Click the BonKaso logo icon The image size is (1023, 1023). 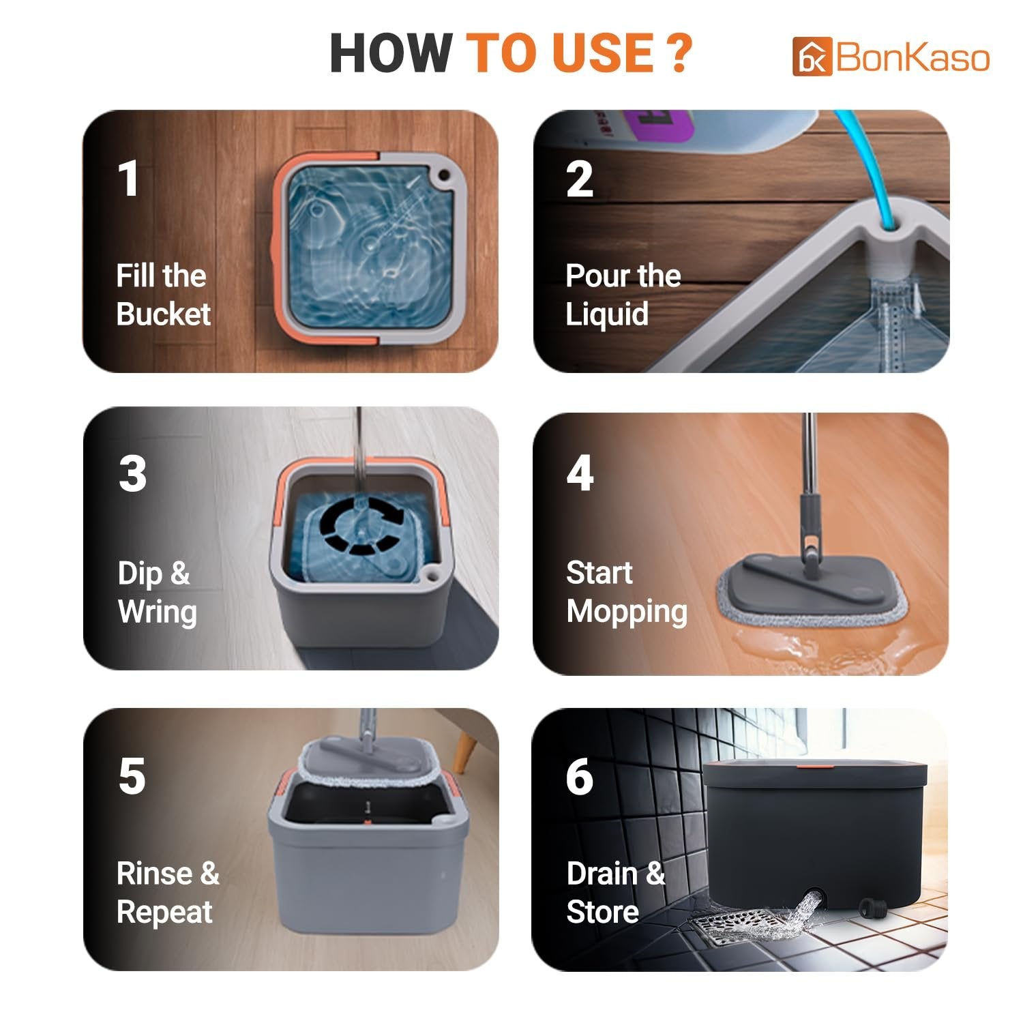pyautogui.click(x=812, y=57)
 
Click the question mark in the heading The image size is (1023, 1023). pyautogui.click(x=678, y=53)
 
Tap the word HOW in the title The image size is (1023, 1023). pyautogui.click(x=390, y=53)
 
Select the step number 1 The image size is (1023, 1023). pyautogui.click(x=128, y=179)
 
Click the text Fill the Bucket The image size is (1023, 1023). pyautogui.click(x=162, y=295)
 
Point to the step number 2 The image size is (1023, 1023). pyautogui.click(x=579, y=179)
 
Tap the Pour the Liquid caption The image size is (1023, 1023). pyautogui.click(x=623, y=295)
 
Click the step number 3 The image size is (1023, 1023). pyautogui.click(x=132, y=473)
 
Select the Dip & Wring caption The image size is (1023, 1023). pyautogui.click(x=157, y=592)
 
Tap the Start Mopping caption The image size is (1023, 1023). pyautogui.click(x=626, y=592)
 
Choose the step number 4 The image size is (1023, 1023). pyautogui.click(x=580, y=473)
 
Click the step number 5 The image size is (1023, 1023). pyautogui.click(x=132, y=776)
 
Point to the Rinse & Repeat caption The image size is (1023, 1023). pyautogui.click(x=167, y=892)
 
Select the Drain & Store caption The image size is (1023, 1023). pyautogui.click(x=615, y=892)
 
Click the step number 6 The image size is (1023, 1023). pyautogui.click(x=580, y=776)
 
